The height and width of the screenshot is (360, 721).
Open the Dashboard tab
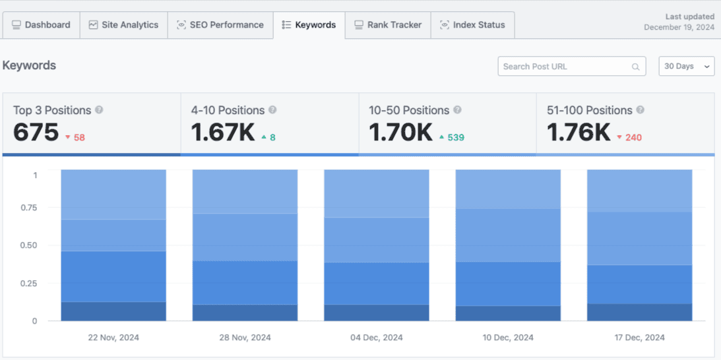pos(41,25)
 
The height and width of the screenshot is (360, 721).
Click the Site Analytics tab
pos(123,25)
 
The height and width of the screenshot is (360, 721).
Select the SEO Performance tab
pos(220,25)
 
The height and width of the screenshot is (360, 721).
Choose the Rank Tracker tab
pos(388,25)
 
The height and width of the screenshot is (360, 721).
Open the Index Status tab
pos(472,25)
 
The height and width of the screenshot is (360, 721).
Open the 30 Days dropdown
pos(686,67)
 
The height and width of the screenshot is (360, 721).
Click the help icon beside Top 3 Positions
pos(99,110)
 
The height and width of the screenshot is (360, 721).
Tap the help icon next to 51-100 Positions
pos(640,110)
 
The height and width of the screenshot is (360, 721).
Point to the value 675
pos(36,133)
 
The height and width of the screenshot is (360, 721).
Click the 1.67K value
pos(223,133)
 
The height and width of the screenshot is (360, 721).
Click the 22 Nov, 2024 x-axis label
pos(113,338)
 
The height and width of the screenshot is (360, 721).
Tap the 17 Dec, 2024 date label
pos(639,338)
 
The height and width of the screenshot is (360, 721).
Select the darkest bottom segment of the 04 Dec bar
pos(376,313)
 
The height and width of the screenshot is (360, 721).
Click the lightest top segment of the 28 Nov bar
pos(245,191)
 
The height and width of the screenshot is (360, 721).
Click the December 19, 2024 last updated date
pos(679,28)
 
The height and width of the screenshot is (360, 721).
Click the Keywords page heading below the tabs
pos(29,66)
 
